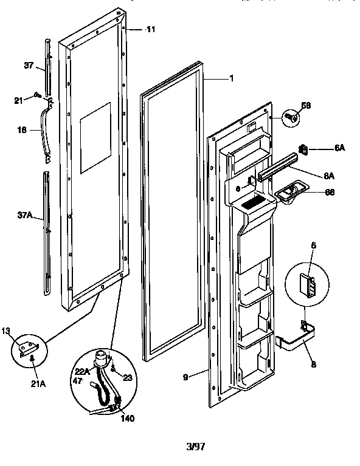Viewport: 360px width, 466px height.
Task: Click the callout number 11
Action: pyautogui.click(x=151, y=29)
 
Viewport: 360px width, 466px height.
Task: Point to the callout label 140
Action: pyautogui.click(x=128, y=418)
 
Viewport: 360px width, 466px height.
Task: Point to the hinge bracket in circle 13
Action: pyautogui.click(x=30, y=349)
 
